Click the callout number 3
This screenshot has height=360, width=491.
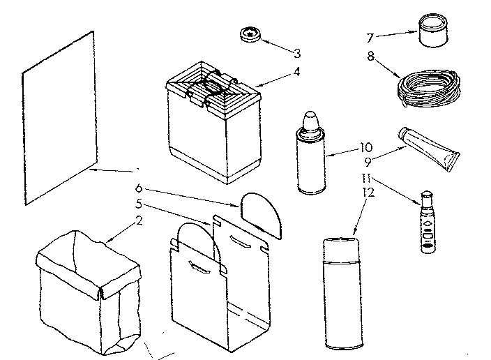(296, 53)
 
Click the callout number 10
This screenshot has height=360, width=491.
(367, 147)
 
